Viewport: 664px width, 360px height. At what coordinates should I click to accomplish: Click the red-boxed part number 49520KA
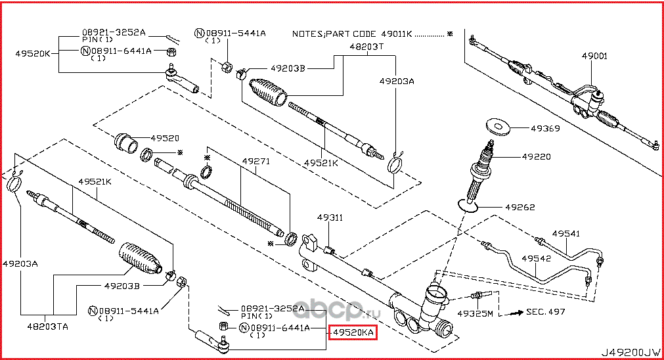coord(353,334)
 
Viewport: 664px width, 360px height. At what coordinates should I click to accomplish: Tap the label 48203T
coord(365,47)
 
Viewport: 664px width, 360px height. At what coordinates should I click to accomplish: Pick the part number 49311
coord(330,217)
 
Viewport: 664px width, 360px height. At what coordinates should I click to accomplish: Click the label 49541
coord(565,233)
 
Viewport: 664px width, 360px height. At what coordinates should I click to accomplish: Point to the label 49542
coord(535,258)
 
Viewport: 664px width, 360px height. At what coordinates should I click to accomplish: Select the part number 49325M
coord(475,313)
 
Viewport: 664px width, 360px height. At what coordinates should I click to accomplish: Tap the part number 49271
coord(255,161)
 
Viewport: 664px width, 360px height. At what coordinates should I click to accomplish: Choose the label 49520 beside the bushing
coord(165,138)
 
